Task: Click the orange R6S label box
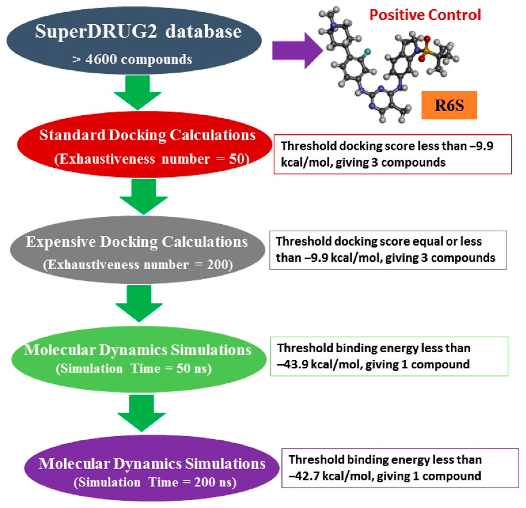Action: click(449, 105)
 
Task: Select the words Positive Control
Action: click(425, 15)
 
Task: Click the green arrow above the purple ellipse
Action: click(141, 412)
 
